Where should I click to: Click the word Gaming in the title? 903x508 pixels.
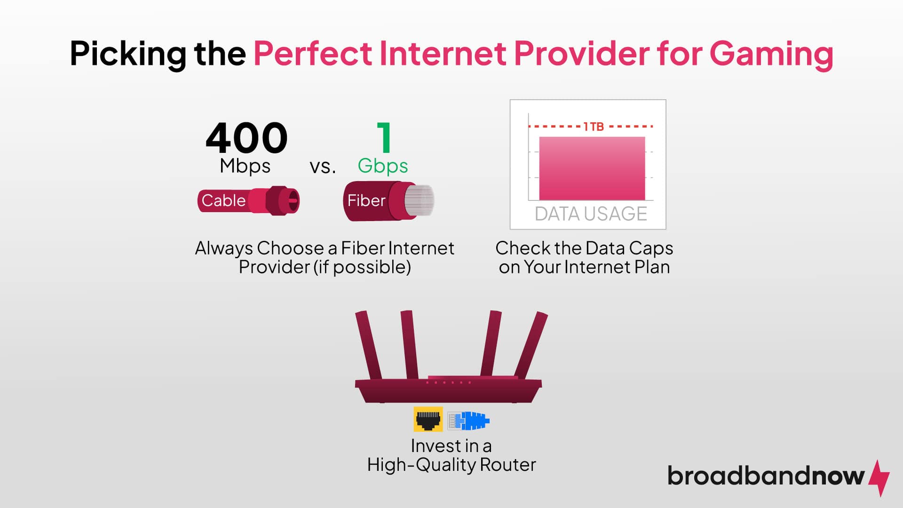click(x=771, y=54)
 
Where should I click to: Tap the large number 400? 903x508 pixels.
click(x=246, y=138)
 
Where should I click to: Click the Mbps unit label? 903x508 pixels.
click(x=245, y=166)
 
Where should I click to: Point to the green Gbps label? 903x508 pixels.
click(x=382, y=166)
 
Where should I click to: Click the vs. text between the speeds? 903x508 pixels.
click(x=323, y=167)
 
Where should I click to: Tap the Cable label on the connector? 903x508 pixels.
click(x=223, y=201)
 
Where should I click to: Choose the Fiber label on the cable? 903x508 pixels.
click(x=366, y=201)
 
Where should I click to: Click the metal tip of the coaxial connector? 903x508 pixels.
click(x=292, y=201)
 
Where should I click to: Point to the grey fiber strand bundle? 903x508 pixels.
click(x=420, y=201)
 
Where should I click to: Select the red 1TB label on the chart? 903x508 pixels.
click(x=593, y=127)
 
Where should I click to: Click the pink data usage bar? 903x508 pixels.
click(x=592, y=168)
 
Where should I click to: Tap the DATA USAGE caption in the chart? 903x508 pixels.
click(x=591, y=214)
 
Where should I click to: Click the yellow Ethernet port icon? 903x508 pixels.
click(x=428, y=419)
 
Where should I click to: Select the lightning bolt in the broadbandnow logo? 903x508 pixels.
click(x=879, y=477)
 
